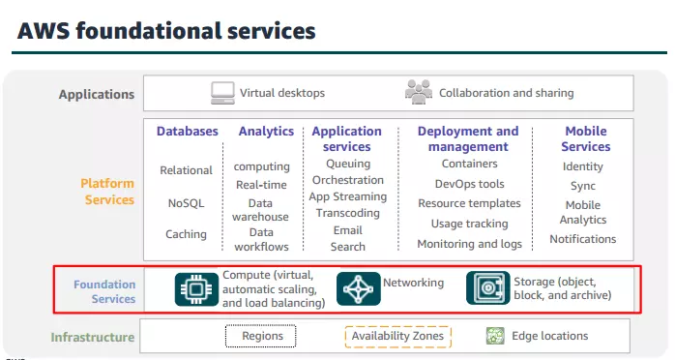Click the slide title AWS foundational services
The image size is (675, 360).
coord(166,31)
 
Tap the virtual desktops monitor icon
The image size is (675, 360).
coord(223,93)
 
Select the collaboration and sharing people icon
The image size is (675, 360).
coord(419,93)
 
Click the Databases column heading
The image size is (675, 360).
coord(188,131)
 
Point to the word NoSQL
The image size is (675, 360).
coord(186,202)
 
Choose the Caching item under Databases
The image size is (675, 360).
coord(186,234)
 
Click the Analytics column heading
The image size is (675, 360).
coord(266,131)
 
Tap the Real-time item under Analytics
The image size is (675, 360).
coord(261,185)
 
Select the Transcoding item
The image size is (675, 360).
coord(347,213)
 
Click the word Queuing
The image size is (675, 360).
coord(347,164)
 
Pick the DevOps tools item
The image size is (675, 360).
coord(469,184)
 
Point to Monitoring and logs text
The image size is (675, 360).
coord(469,244)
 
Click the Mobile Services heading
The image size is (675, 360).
coord(585,138)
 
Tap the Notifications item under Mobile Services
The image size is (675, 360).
coord(583,239)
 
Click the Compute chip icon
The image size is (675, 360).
coord(197,289)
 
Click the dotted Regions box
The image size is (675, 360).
coord(261,336)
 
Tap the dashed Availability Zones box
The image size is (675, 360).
coord(397,336)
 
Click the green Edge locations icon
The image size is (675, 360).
coord(495,336)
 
